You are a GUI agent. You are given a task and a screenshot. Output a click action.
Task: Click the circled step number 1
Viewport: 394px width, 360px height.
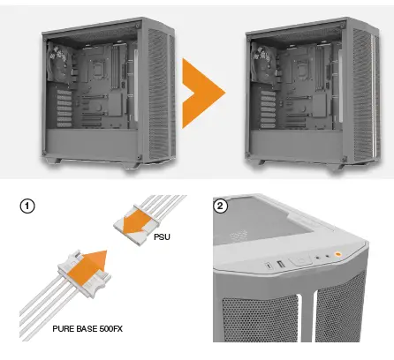click(x=28, y=207)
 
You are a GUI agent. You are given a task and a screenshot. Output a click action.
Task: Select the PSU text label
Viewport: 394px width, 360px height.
click(x=163, y=237)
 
